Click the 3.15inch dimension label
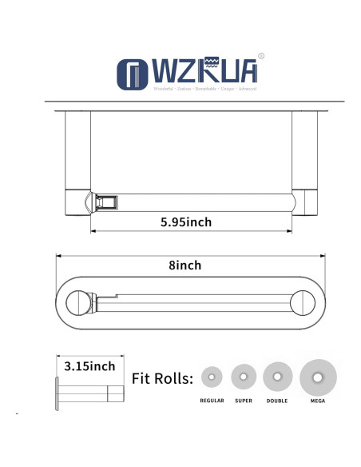coord(89,367)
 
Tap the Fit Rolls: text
coord(162,378)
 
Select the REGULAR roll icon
coord(213,377)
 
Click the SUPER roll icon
coord(244,376)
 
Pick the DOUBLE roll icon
coord(277,376)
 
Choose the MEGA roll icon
coord(318,376)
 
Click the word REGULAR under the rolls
coord(213,400)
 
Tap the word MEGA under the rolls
coord(318,400)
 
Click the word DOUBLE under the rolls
coord(277,400)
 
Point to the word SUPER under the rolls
coord(244,400)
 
